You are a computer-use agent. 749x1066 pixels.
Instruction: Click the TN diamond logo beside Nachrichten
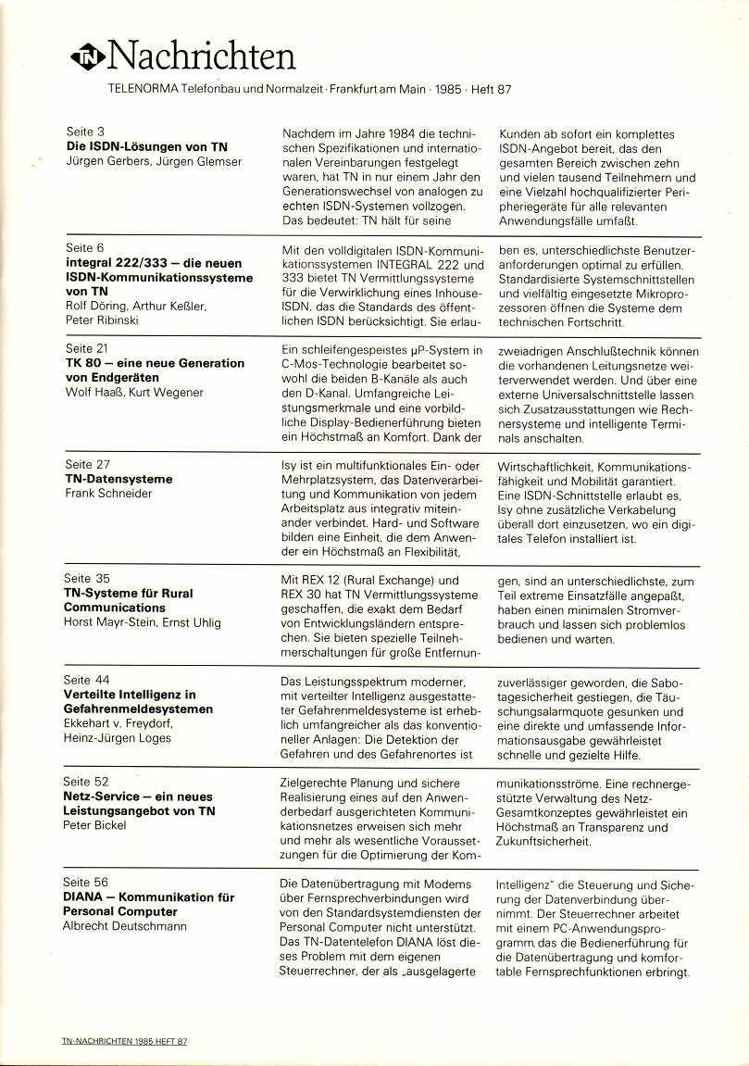[89, 58]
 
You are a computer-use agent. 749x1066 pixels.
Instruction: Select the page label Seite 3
[85, 132]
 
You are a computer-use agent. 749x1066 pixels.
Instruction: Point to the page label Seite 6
[85, 248]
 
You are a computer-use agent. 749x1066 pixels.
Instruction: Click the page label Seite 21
[88, 349]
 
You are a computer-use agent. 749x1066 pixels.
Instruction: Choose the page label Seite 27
[88, 464]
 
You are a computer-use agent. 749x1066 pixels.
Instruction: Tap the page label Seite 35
[88, 579]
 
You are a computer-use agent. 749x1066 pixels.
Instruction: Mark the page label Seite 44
[88, 680]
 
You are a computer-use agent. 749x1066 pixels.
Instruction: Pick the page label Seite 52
[88, 782]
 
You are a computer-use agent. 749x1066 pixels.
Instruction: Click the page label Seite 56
[88, 883]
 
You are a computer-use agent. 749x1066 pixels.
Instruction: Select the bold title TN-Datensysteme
[119, 479]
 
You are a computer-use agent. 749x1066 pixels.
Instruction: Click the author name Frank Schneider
[108, 493]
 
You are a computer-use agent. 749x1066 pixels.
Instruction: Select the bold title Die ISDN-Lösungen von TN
[146, 147]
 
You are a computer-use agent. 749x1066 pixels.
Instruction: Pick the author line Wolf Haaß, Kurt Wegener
[136, 393]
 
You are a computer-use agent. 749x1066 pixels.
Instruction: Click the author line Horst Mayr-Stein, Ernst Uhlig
[144, 622]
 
